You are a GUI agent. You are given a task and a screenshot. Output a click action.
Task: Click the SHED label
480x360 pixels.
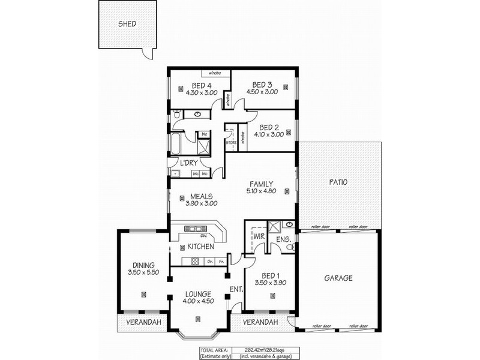coord(127,25)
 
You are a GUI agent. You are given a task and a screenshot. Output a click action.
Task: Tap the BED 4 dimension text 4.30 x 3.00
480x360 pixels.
coord(199,92)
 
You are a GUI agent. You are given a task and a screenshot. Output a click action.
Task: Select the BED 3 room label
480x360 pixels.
coord(262,85)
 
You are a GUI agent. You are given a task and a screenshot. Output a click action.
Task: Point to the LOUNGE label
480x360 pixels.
coord(198,294)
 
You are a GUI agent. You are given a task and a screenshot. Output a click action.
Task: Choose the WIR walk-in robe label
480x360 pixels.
coord(259,238)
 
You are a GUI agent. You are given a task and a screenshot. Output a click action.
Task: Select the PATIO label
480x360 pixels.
coord(340,182)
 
